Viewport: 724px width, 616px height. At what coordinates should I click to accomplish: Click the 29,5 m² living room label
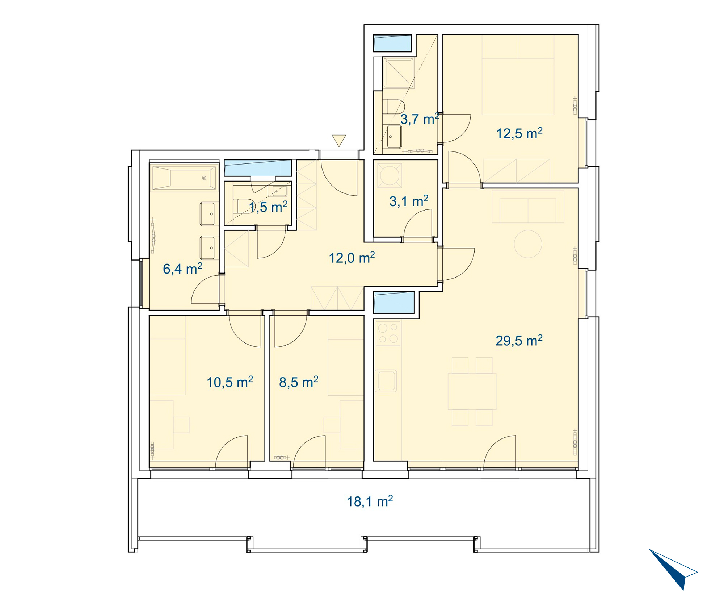(519, 341)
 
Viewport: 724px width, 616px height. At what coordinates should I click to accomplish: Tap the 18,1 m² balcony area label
(370, 501)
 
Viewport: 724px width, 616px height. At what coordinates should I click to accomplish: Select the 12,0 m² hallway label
(352, 258)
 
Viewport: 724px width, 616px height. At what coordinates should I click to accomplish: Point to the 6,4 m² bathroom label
(182, 269)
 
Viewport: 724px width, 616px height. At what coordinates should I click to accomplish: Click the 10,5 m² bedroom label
(230, 382)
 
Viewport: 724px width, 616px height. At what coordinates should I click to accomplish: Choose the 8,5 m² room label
(299, 382)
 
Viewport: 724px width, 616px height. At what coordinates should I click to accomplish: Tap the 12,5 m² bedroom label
(519, 133)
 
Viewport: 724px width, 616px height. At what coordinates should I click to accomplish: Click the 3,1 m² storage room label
(409, 201)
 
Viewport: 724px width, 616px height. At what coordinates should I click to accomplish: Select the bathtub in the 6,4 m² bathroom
(184, 178)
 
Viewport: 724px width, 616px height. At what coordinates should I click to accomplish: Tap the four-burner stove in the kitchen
(388, 333)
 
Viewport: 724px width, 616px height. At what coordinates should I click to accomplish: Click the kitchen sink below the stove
(386, 381)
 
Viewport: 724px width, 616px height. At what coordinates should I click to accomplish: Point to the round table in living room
(528, 244)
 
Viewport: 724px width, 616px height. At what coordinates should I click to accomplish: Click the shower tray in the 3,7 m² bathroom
(399, 73)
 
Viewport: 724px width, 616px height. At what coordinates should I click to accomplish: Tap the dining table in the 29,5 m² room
(472, 391)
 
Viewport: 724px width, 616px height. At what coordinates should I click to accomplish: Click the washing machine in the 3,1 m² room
(390, 175)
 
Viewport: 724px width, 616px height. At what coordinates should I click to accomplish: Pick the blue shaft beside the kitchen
(394, 302)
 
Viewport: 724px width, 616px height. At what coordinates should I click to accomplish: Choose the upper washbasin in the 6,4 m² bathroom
(209, 214)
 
